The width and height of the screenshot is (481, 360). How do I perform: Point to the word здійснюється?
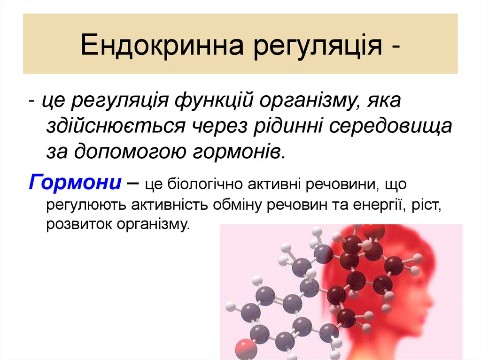tap(122, 127)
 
